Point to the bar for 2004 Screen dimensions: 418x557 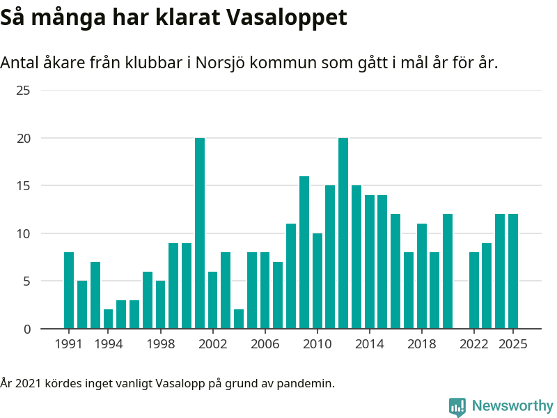coord(239,319)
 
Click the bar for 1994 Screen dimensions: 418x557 coord(108,319)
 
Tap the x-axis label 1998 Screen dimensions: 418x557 coord(160,344)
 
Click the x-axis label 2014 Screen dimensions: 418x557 coord(370,344)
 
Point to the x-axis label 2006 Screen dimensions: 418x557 coord(265,344)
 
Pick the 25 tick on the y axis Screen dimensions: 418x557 coord(24,91)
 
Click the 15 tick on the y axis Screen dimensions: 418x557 coord(24,186)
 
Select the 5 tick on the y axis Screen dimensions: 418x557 coord(26,281)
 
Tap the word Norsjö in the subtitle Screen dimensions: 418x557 coord(219,63)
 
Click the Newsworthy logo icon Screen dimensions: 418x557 coord(457,406)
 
